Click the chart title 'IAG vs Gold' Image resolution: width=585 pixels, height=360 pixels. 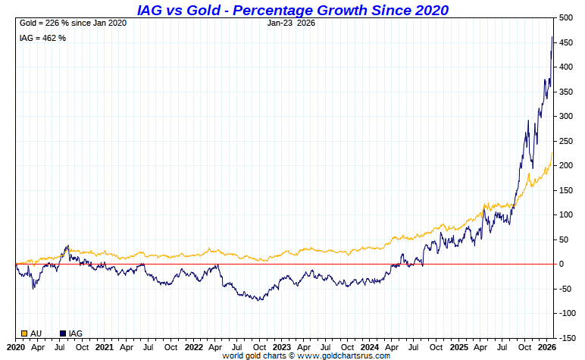(292, 10)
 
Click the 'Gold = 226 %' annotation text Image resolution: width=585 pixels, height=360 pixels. (73, 23)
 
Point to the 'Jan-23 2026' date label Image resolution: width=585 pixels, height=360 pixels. (292, 23)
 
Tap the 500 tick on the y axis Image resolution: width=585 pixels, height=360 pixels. (565, 17)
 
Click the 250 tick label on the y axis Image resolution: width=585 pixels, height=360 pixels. (565, 141)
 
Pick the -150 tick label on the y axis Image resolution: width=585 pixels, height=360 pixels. (565, 338)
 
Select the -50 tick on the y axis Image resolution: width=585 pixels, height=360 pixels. (565, 289)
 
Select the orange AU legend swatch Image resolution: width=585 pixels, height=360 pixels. (24, 333)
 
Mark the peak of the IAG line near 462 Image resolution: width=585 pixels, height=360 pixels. (552, 36)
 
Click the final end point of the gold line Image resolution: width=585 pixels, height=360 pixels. (552, 152)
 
